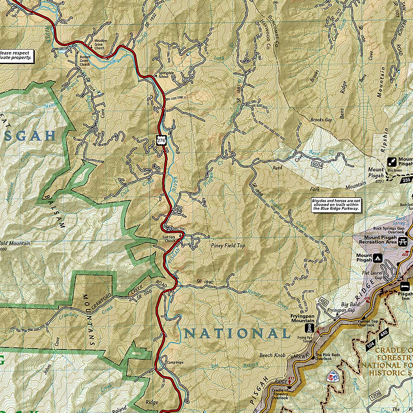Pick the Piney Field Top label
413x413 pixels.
228,246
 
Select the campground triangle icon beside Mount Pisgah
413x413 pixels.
377,258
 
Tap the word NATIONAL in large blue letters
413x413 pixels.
237,333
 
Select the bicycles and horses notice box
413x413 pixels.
336,205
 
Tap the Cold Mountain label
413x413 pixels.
14,244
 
